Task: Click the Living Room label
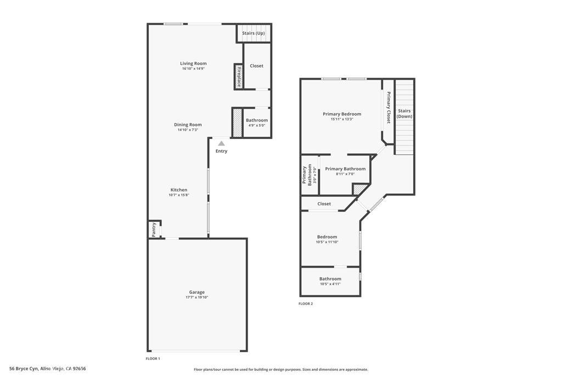(x=193, y=63)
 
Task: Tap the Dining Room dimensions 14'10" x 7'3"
(x=188, y=130)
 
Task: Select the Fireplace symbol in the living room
(x=239, y=76)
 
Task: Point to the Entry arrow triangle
(x=221, y=143)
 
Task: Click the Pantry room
(x=154, y=229)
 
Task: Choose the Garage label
(x=196, y=292)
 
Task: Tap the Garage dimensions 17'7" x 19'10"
(x=196, y=298)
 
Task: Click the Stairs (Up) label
(x=254, y=33)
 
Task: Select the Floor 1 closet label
(x=256, y=66)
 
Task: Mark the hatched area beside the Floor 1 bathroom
(x=237, y=123)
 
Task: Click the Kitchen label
(x=178, y=190)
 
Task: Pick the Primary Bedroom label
(x=341, y=114)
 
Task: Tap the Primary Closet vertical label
(x=389, y=107)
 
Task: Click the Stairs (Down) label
(x=404, y=114)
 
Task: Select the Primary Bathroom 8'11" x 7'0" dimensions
(x=345, y=174)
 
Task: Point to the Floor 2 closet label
(x=324, y=204)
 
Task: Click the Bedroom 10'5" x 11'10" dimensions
(x=327, y=242)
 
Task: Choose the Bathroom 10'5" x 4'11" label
(x=330, y=279)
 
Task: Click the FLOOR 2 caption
(x=306, y=304)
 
